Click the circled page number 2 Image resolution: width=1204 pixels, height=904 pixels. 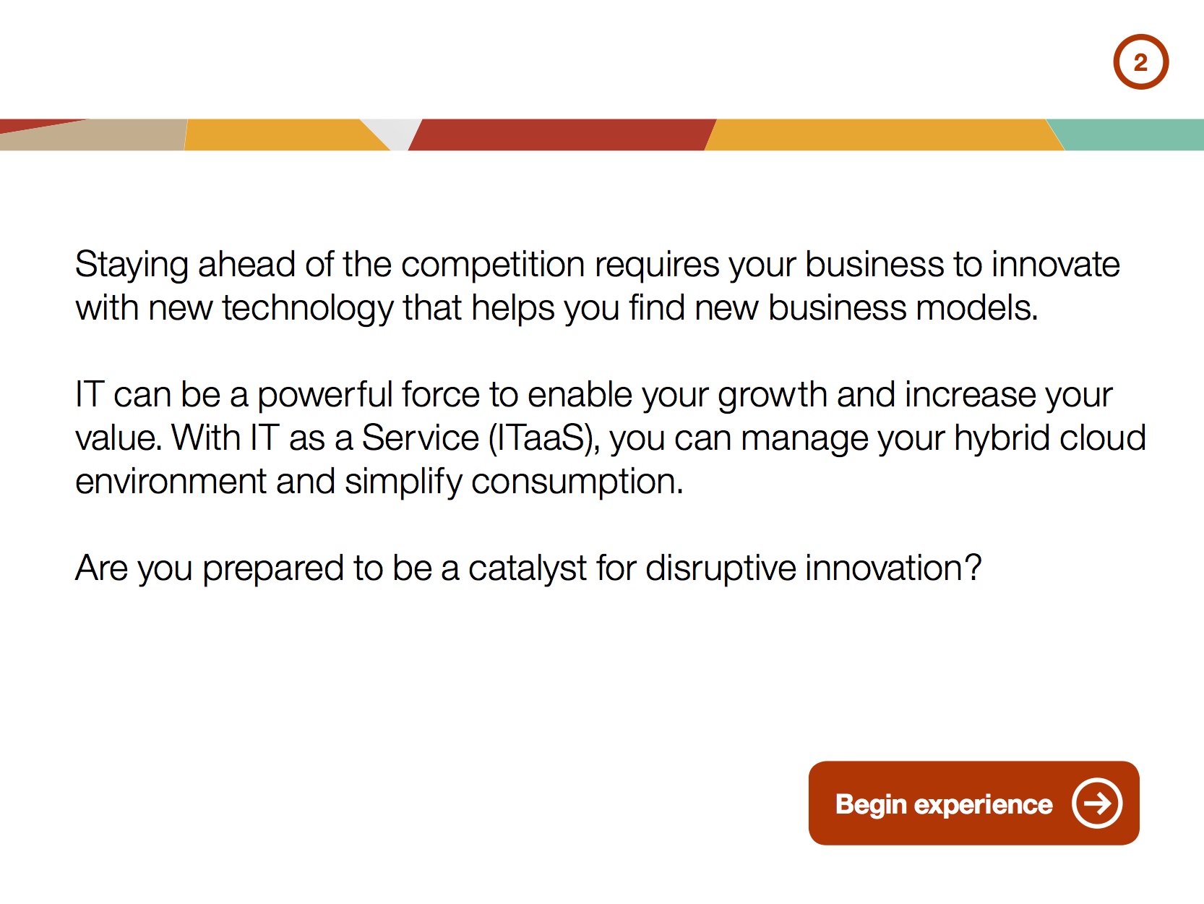click(1141, 62)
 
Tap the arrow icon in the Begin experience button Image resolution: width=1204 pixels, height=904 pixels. click(1097, 803)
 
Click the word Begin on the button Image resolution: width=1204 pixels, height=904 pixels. click(871, 805)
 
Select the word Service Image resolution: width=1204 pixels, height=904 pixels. click(421, 438)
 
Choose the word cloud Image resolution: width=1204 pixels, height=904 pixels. click(1103, 438)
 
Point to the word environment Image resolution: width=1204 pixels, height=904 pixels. click(171, 482)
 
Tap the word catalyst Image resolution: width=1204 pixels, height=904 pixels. click(528, 569)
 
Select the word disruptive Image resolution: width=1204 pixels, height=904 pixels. click(721, 568)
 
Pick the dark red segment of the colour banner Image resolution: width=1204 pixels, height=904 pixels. click(562, 135)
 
